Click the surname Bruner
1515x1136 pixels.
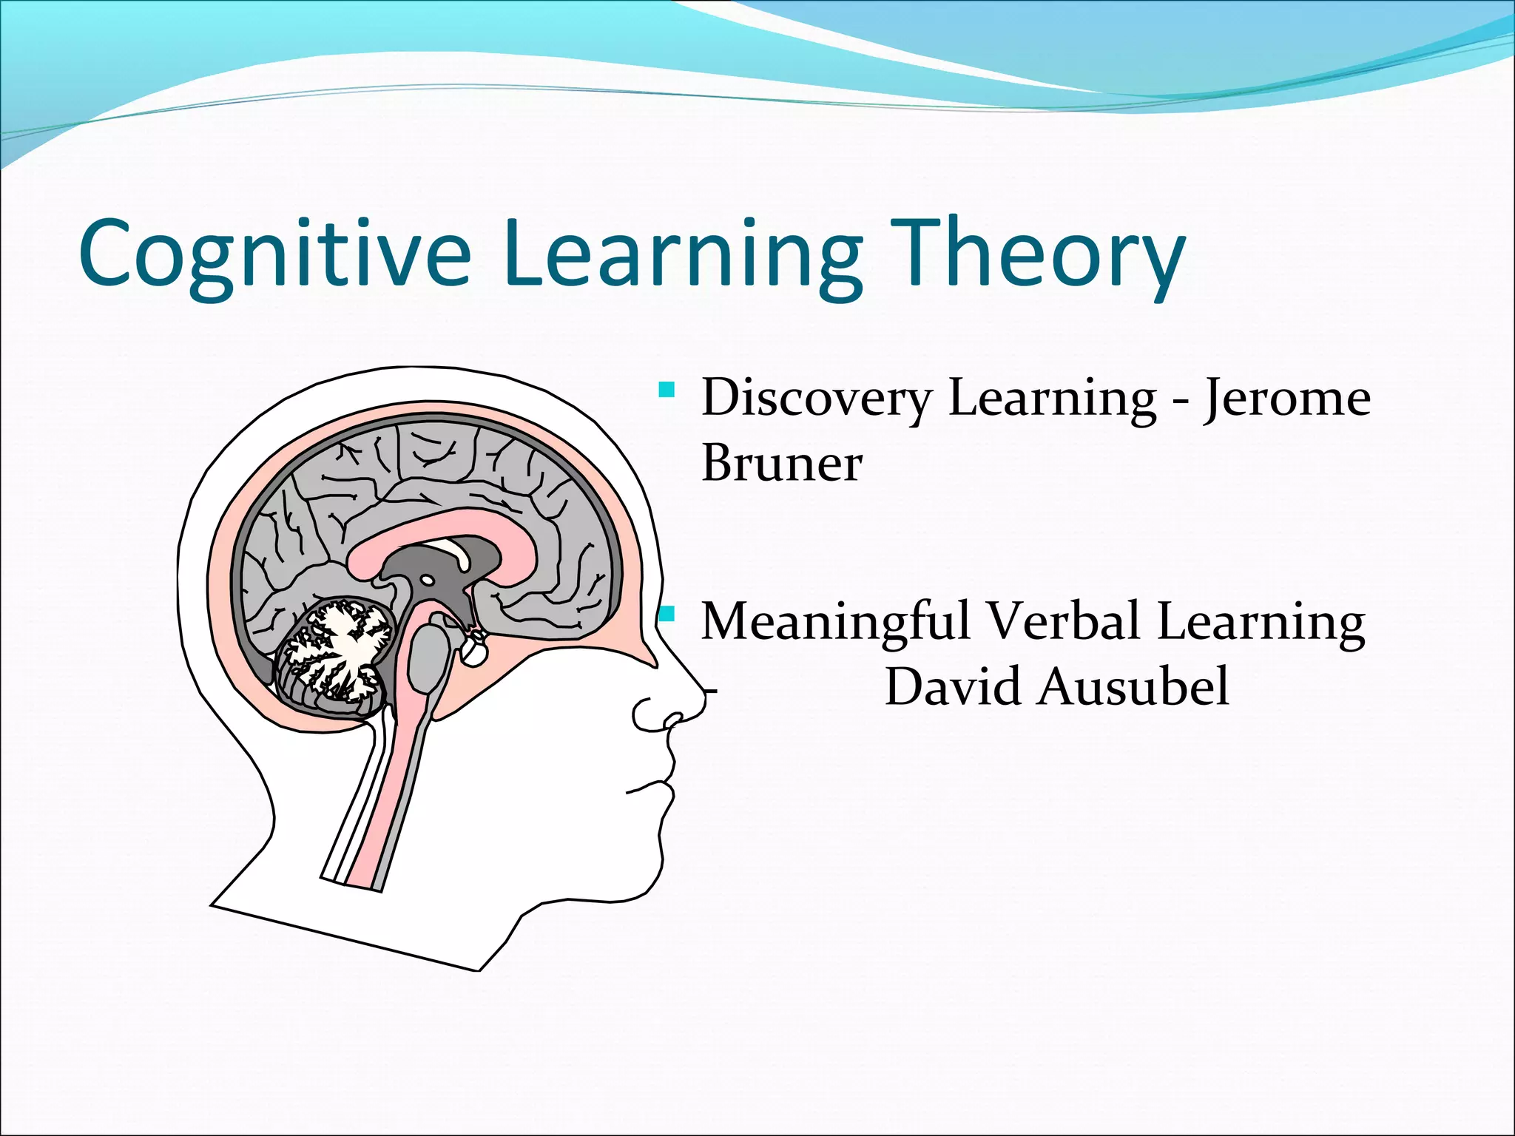click(781, 464)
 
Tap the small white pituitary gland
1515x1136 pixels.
click(473, 651)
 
